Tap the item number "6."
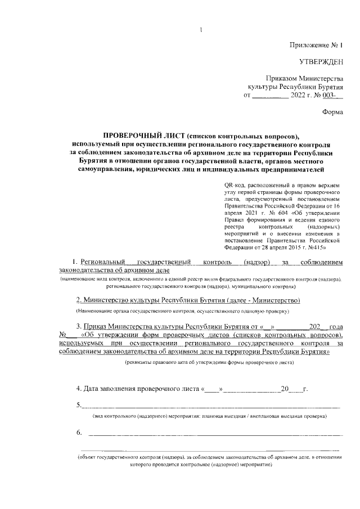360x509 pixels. [x=79, y=432]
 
